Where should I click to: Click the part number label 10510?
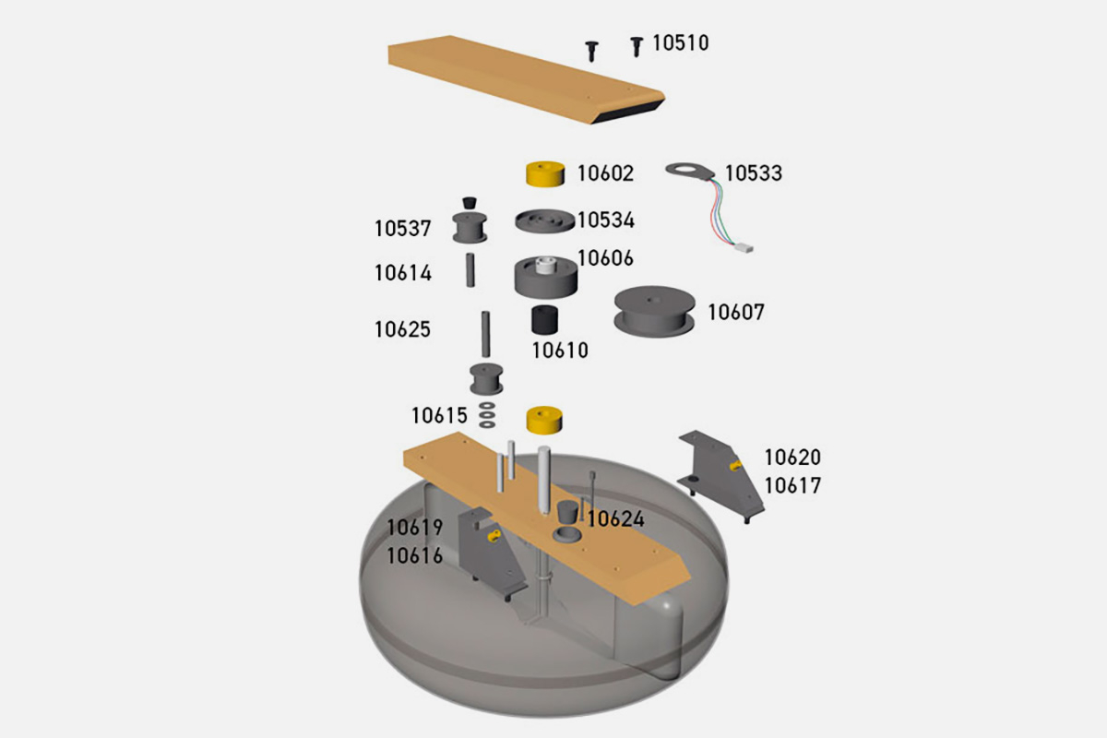[680, 42]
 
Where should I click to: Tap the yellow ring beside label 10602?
[544, 173]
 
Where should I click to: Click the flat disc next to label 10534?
[544, 222]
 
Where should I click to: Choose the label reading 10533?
[753, 173]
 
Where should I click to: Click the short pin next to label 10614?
[470, 269]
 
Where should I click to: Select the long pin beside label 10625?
[484, 334]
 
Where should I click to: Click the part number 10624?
[615, 519]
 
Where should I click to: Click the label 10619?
[415, 528]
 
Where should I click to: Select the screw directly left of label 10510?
[591, 49]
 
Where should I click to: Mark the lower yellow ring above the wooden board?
[544, 419]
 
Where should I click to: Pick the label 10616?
[415, 555]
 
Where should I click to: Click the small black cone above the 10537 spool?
[470, 200]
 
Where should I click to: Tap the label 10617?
[792, 485]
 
